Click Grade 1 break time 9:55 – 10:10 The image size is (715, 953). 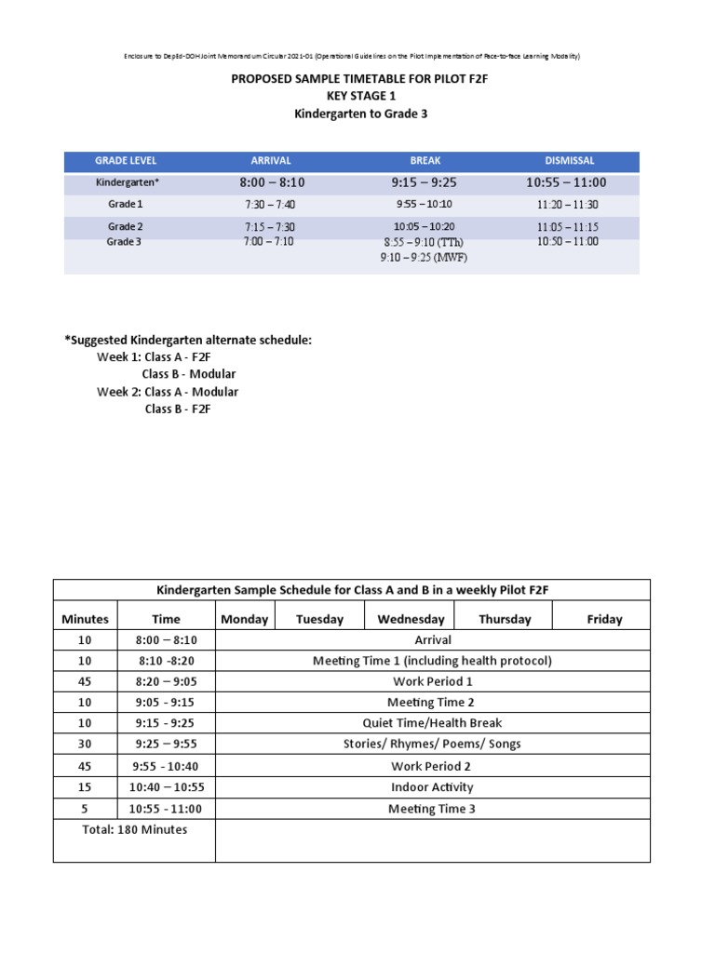click(x=425, y=204)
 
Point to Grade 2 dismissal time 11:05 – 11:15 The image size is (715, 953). click(x=568, y=227)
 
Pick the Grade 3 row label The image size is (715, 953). click(x=125, y=242)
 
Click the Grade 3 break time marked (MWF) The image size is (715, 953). click(x=424, y=257)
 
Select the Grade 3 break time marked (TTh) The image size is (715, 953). click(x=425, y=242)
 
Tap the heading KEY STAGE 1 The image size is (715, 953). click(x=359, y=96)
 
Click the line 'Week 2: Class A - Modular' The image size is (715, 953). click(x=168, y=392)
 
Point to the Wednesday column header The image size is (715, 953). click(x=411, y=619)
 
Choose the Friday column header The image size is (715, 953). click(x=604, y=619)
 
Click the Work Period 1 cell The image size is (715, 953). click(x=432, y=681)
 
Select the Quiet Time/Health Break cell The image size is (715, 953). click(x=432, y=723)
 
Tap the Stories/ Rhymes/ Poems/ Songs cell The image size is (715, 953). click(x=432, y=744)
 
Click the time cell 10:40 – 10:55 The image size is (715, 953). click(x=165, y=787)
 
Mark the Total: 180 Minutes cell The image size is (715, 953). click(x=134, y=829)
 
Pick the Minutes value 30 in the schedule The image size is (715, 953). click(x=85, y=744)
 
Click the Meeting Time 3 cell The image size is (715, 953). click(x=432, y=809)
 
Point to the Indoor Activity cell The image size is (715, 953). click(x=432, y=787)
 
